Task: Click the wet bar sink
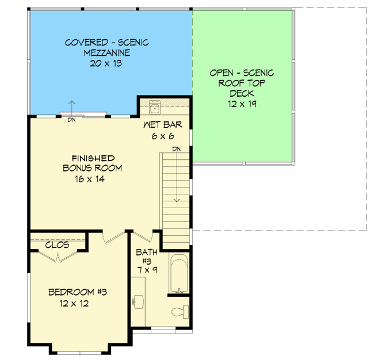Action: (154, 107)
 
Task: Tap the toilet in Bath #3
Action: (180, 312)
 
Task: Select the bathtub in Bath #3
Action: (179, 274)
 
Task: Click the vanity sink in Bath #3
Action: (138, 300)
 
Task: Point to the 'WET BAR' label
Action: (158, 124)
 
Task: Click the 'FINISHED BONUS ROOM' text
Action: (93, 163)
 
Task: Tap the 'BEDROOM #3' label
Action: (78, 292)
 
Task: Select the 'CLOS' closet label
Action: (58, 245)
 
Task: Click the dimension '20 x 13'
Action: (106, 63)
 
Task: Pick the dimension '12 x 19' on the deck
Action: (242, 104)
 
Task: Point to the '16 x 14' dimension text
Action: (93, 179)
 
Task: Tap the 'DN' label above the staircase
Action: (177, 150)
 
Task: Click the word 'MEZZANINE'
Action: (106, 52)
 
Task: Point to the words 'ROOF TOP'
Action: (242, 83)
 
